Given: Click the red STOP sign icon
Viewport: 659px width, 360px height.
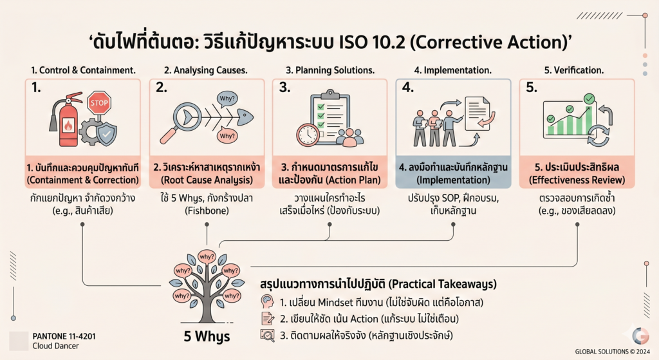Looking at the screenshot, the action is [x=98, y=103].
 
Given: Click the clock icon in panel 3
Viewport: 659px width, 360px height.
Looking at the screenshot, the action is [x=308, y=135].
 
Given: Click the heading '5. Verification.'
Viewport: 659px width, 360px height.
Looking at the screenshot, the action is [x=573, y=70].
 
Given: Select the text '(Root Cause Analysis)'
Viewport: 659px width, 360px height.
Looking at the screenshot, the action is [x=207, y=180].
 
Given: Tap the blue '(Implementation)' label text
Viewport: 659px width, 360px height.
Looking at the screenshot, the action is [x=453, y=180].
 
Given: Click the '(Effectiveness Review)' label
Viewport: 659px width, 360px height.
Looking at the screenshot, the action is [x=577, y=180].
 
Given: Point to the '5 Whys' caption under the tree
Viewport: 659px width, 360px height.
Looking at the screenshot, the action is [x=207, y=336].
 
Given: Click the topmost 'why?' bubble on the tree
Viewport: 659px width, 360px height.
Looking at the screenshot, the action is [x=207, y=256].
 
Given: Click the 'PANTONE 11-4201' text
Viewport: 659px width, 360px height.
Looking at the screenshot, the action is [x=64, y=336].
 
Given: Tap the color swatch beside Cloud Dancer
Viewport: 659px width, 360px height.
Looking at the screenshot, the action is [x=19, y=341].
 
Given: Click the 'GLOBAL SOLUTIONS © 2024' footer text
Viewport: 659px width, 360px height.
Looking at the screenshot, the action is [x=613, y=352].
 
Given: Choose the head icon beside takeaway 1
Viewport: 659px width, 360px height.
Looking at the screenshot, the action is [x=267, y=301].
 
